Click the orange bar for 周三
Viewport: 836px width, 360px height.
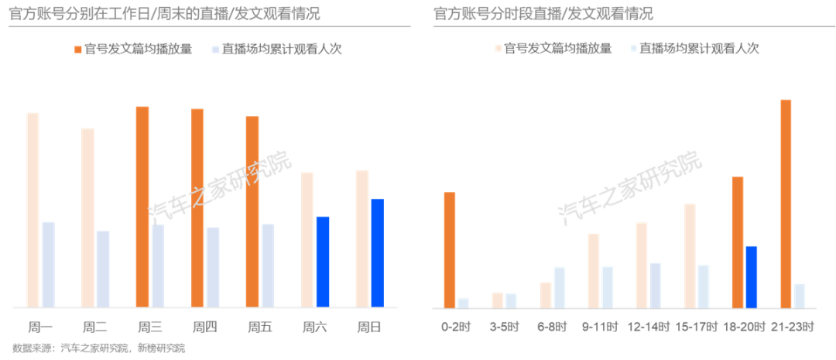(142, 206)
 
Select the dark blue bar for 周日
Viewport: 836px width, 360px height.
(377, 252)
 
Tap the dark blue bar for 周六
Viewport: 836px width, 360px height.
(322, 261)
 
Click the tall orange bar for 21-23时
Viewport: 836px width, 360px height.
(786, 203)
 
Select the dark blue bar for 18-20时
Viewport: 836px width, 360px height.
(751, 276)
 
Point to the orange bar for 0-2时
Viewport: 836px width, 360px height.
(449, 249)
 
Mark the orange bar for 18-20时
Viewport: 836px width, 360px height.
(737, 242)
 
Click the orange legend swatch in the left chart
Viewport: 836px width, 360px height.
(78, 50)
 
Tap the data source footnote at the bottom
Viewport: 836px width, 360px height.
(99, 349)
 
